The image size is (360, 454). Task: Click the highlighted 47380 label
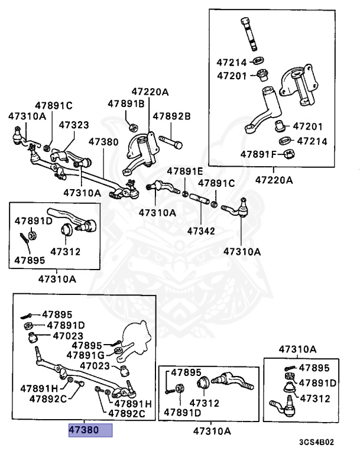90,430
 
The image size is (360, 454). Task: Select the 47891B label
126,103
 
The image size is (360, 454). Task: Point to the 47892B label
171,116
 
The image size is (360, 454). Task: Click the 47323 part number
74,125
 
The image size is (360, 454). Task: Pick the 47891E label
184,171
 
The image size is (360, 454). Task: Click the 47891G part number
85,355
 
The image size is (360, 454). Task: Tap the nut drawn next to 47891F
290,155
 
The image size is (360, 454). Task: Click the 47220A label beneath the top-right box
274,180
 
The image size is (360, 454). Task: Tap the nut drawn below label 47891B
134,125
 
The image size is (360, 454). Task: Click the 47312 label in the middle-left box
65,251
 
